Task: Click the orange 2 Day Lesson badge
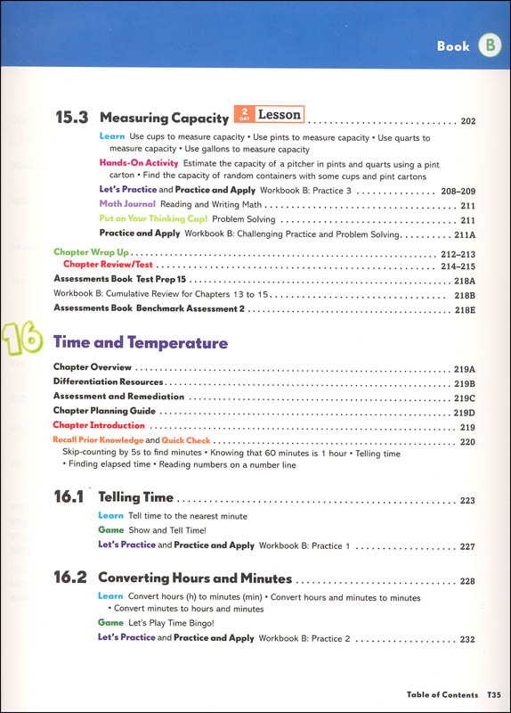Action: [268, 114]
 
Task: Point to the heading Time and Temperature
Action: [141, 343]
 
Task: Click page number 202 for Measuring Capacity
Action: [468, 121]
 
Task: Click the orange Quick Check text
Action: [185, 440]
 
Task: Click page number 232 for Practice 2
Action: [468, 639]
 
